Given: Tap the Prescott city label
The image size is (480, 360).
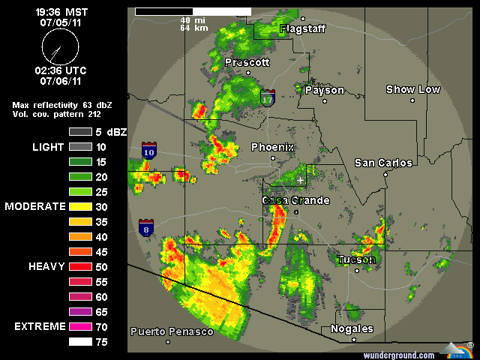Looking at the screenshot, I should pos(247,62).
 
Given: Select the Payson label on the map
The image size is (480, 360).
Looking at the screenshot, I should pos(325,90).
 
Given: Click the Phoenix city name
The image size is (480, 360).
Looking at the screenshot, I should pos(272,147).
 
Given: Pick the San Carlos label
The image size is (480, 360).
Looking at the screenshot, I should pos(383,163).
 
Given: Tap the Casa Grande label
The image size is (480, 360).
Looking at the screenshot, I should pos(295,201).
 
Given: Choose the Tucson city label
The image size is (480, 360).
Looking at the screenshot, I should pos(356,259).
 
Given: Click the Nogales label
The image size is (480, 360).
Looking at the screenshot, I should pos(352,329).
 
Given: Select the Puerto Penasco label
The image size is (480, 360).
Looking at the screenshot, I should pos(172,331).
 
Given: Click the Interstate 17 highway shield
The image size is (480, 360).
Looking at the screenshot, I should pos(268,98).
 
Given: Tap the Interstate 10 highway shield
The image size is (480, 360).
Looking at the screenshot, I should pos(148,151).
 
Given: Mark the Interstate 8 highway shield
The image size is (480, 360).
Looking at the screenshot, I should pos(146,227).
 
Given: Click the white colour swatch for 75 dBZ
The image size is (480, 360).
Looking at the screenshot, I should pos(79,342).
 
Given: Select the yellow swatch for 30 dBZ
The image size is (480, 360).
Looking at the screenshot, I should pos(79,206).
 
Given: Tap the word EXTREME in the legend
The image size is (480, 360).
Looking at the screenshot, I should pos(40,327).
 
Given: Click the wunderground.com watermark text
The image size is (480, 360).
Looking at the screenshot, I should pos(399,355).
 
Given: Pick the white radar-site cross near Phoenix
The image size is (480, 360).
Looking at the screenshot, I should pos(300,180).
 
